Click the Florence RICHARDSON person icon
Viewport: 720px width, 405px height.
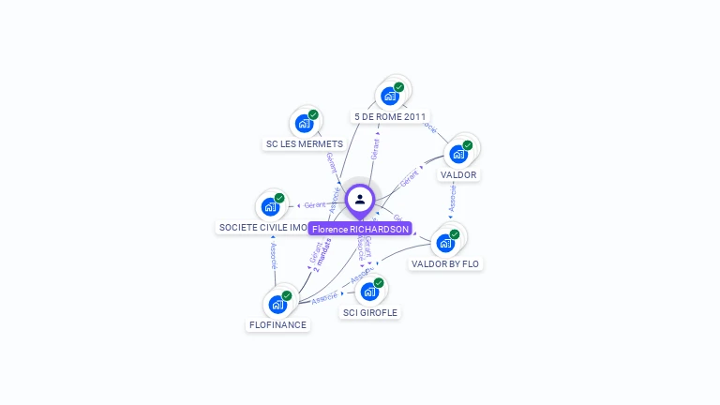coord(360,200)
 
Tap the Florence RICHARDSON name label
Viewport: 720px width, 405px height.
coord(360,229)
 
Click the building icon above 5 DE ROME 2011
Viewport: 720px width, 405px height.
coord(390,96)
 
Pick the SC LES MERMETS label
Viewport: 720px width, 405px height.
coord(304,143)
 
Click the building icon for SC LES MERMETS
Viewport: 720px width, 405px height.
coord(305,123)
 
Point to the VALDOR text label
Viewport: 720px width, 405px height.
coord(458,174)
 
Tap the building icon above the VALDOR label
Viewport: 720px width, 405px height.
coord(459,154)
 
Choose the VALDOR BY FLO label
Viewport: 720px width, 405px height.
coord(445,263)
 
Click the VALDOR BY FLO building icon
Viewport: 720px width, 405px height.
coord(446,242)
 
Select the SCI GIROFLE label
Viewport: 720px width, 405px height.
coord(369,312)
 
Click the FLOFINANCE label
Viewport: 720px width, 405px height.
coord(277,324)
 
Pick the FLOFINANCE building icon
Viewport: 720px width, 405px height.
coord(278,304)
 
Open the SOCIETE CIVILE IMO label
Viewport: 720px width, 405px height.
coord(263,227)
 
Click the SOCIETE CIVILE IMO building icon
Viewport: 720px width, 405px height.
coord(271,206)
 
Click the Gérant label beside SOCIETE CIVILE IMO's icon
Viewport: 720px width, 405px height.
coord(315,204)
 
